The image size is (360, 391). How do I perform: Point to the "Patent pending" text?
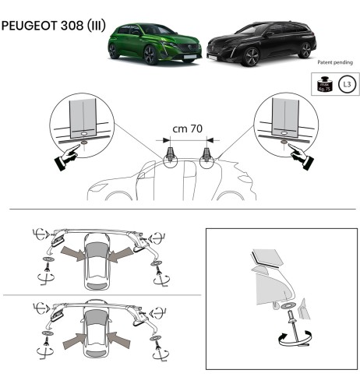coord(336,62)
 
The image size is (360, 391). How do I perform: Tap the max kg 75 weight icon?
coord(320,83)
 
